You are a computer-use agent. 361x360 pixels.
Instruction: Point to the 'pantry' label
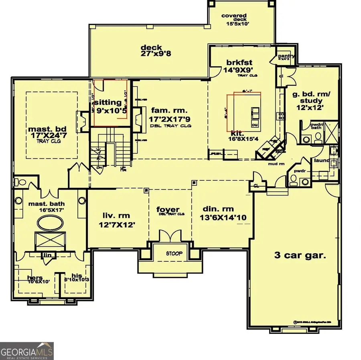click(x=286, y=56)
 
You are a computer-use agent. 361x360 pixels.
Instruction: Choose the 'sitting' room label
click(x=108, y=102)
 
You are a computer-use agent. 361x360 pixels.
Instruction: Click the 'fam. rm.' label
click(x=169, y=110)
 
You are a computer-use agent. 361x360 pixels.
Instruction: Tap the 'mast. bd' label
click(x=43, y=130)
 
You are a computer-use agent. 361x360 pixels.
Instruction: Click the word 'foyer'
click(x=168, y=209)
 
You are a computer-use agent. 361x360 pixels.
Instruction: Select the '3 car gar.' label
click(x=300, y=255)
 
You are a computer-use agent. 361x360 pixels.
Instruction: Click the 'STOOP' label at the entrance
click(x=174, y=254)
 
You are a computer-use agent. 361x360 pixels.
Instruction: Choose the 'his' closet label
click(x=77, y=276)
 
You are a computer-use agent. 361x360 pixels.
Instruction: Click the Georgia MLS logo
click(x=27, y=351)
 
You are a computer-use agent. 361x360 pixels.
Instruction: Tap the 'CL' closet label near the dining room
click(x=256, y=185)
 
